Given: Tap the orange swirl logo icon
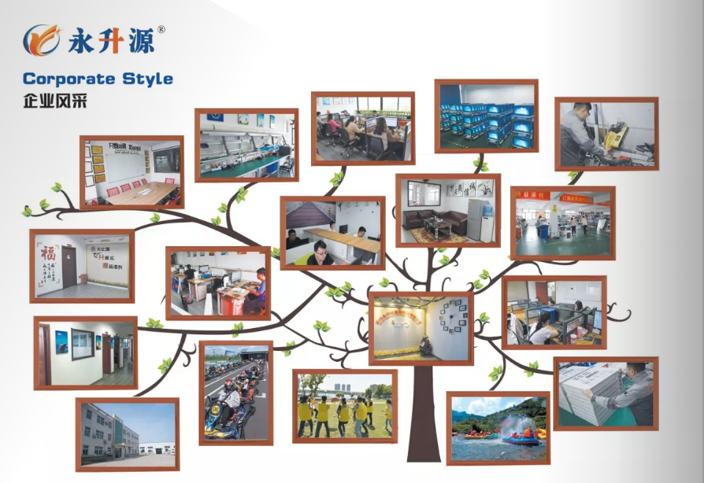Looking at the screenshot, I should tap(40, 39).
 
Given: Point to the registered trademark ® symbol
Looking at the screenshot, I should tap(161, 29).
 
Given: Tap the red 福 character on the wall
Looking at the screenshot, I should tap(48, 254).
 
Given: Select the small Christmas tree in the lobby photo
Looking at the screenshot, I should tap(426, 345).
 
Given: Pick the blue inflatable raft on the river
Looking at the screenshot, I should tap(521, 438).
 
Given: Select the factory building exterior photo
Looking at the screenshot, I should tap(127, 433).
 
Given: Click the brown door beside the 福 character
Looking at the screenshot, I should tap(69, 266).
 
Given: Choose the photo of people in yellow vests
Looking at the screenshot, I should tap(345, 407).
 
